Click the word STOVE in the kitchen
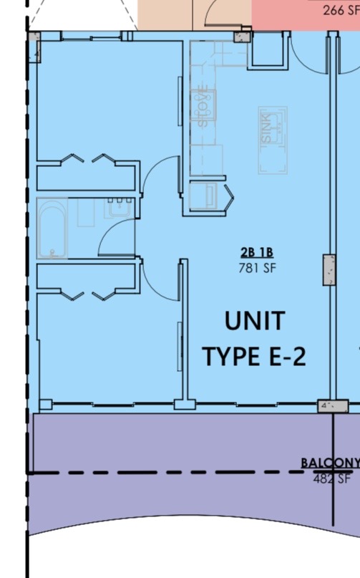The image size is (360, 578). pos(203,107)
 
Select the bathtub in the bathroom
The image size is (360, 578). pos(52,228)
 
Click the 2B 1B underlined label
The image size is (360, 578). pos(257,253)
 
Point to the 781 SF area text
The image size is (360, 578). pos(257,269)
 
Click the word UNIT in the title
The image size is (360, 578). pos(254,321)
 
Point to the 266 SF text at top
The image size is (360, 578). pos(341,10)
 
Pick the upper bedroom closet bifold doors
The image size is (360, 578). pos(87,160)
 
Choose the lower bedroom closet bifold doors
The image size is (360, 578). pos(87,294)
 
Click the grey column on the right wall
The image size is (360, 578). pos(329,269)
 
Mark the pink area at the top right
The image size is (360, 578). pos(304,14)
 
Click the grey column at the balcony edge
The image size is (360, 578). pos(332,406)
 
